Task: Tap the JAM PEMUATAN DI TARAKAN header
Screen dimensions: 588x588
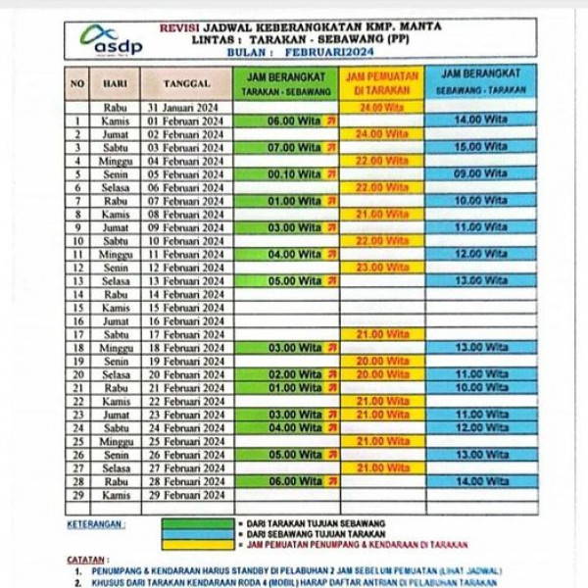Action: click(382, 82)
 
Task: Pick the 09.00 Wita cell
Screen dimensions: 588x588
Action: click(481, 173)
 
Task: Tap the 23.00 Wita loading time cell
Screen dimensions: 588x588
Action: click(381, 267)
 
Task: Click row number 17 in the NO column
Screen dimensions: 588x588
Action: click(77, 334)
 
